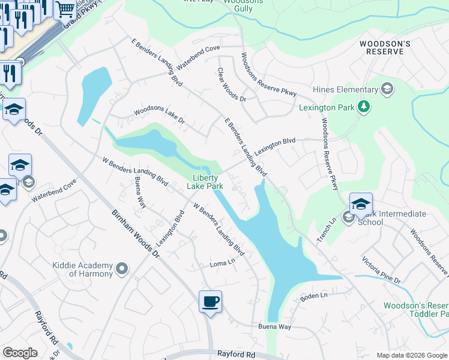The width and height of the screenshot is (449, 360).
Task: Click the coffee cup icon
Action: point(210,301)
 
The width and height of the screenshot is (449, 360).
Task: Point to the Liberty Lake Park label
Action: point(208,182)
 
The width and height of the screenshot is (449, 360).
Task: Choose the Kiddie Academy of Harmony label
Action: point(90,269)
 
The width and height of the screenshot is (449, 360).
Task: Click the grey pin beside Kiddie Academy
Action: point(122,269)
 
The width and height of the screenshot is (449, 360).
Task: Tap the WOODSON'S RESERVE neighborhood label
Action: point(385,48)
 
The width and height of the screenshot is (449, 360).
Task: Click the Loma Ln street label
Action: point(221,263)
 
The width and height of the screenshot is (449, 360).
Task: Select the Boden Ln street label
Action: point(314,296)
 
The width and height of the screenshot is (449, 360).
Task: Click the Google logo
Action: point(20,353)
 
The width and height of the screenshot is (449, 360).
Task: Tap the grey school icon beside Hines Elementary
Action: point(387,89)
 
